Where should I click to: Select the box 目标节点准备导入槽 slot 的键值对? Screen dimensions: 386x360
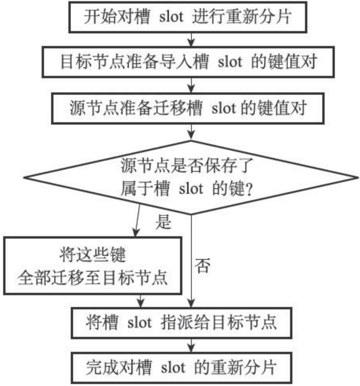pos(191,62)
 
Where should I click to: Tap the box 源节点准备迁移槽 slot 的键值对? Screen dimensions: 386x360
pos(191,108)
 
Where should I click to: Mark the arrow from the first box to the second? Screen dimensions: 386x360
pos(191,40)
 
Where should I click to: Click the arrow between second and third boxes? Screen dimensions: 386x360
pos(191,85)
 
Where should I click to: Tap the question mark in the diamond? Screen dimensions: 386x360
pos(248,190)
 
